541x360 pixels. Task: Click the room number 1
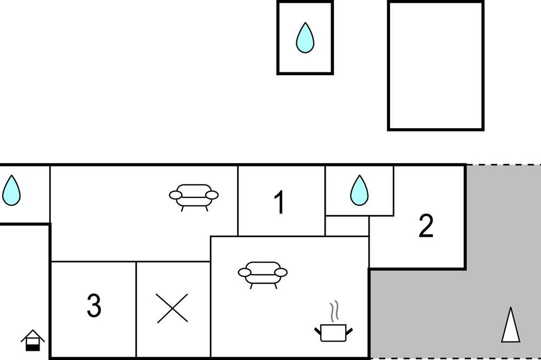(x=280, y=202)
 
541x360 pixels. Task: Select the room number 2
(x=426, y=226)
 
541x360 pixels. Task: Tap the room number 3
(x=94, y=305)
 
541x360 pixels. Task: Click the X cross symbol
(x=172, y=308)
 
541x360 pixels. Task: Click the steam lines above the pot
(x=334, y=311)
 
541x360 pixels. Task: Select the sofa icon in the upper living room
(x=194, y=197)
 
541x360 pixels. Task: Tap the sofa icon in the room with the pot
(x=262, y=275)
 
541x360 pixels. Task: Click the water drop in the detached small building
(x=305, y=38)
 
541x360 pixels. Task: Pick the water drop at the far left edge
(x=11, y=190)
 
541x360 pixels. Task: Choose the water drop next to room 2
(x=359, y=190)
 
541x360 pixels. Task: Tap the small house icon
(x=33, y=340)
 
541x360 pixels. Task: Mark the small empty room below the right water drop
(x=347, y=226)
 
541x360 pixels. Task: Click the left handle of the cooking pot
(x=318, y=331)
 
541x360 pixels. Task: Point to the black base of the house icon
(x=33, y=347)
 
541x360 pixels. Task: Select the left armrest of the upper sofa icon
(x=176, y=195)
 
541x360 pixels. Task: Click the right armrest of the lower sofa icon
(x=281, y=273)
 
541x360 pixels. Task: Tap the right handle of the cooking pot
(x=349, y=331)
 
